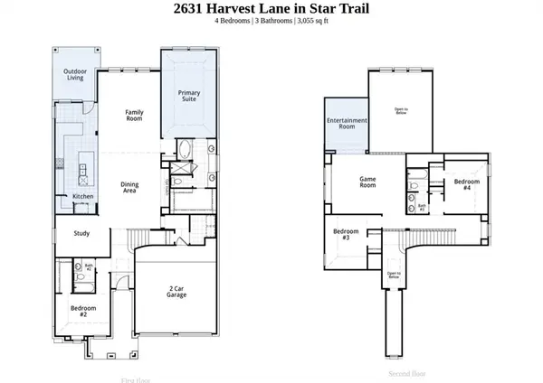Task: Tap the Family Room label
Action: (134, 116)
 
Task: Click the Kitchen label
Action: (83, 196)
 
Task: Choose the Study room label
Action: (81, 233)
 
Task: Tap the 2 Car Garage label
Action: (178, 294)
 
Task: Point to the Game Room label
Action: (368, 181)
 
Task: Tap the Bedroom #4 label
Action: (467, 184)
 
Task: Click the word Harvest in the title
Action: (242, 10)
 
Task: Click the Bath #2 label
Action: (88, 267)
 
